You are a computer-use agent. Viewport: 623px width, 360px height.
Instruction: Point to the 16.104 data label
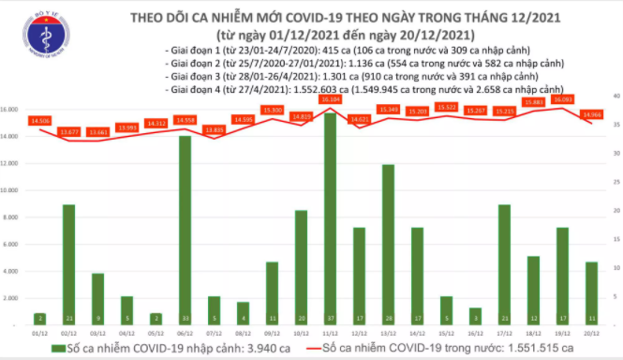point(330,98)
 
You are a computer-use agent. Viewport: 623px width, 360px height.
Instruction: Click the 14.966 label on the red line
point(591,113)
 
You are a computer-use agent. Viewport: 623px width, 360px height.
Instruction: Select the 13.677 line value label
point(68,131)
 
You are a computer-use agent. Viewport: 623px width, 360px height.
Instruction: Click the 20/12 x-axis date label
point(590,332)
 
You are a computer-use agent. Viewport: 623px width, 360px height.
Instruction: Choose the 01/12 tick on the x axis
point(39,332)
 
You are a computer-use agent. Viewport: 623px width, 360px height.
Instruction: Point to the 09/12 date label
point(272,332)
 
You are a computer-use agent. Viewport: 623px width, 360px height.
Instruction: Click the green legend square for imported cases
point(46,348)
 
